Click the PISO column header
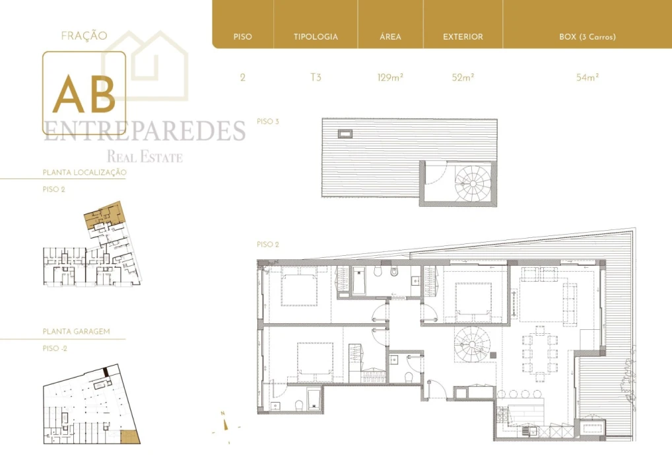[x=242, y=37]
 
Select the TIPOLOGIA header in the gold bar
[x=316, y=37]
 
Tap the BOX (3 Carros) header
[x=587, y=37]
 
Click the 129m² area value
[x=390, y=77]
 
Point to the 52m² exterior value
[x=463, y=77]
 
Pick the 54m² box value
[x=587, y=77]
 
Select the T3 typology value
[x=316, y=77]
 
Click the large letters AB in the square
[x=84, y=95]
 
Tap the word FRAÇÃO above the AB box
[x=84, y=36]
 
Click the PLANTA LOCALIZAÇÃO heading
[x=84, y=173]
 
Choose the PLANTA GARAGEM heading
[x=77, y=331]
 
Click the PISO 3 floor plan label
[x=268, y=122]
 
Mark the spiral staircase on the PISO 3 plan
[x=472, y=183]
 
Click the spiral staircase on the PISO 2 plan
[x=472, y=344]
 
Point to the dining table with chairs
[x=540, y=354]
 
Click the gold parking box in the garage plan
[x=129, y=437]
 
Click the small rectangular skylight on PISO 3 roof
[x=345, y=134]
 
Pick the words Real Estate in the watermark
[x=145, y=157]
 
